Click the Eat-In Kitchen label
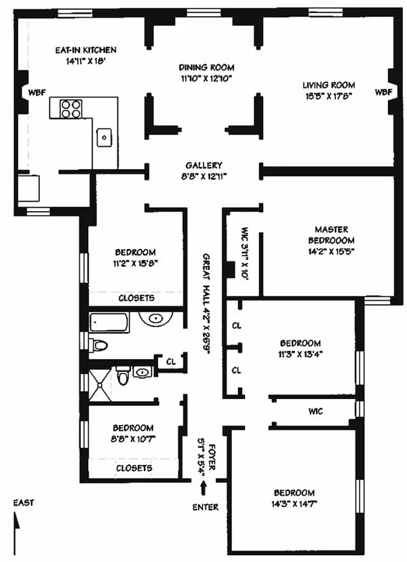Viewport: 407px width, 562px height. (85, 50)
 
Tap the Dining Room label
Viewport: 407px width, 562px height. (206, 67)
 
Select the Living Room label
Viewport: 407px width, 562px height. (329, 85)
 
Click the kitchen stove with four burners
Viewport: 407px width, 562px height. (71, 109)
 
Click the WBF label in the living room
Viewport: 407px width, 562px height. (383, 92)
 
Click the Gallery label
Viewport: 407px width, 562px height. (203, 166)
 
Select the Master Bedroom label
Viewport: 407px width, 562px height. (331, 235)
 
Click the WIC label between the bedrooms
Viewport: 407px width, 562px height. (314, 410)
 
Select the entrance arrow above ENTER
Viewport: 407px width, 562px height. (203, 485)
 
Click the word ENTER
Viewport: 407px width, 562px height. (206, 507)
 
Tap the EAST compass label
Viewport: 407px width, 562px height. (23, 503)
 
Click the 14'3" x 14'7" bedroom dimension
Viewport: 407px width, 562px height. (294, 504)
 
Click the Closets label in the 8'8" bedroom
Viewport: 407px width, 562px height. (134, 468)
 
